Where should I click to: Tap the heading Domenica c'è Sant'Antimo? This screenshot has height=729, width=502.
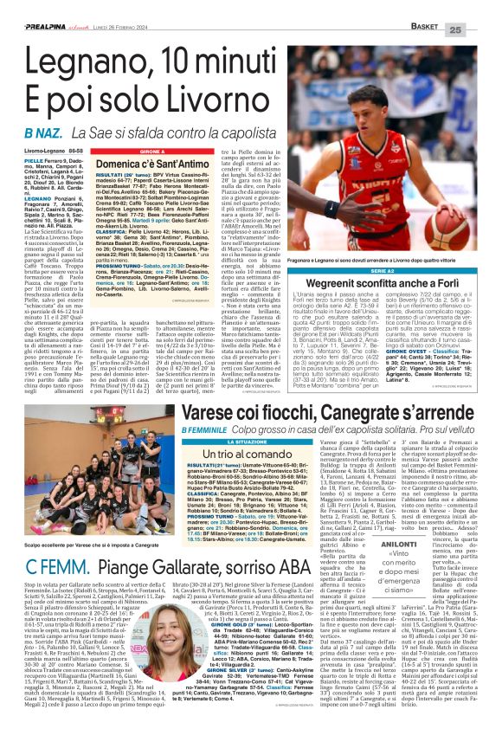pos(144,163)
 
